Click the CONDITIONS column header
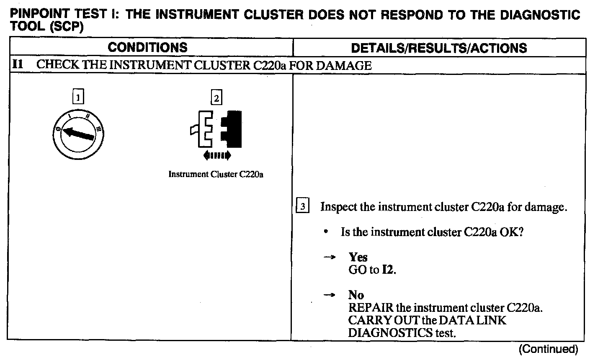[147, 47]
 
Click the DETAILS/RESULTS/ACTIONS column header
[439, 48]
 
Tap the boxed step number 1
[78, 98]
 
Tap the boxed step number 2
[216, 98]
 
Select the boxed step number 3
[303, 207]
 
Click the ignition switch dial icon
[79, 134]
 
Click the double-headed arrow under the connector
[216, 156]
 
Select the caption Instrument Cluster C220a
[216, 174]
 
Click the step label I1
[18, 65]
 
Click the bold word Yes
[358, 257]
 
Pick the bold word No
[356, 295]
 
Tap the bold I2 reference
[388, 270]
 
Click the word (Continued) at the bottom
[548, 349]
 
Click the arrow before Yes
[329, 257]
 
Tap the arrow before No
[329, 295]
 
